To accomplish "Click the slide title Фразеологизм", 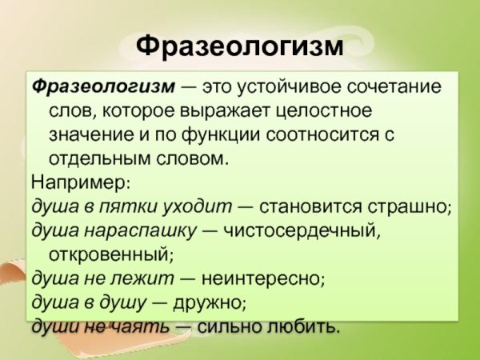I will coord(240,46).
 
